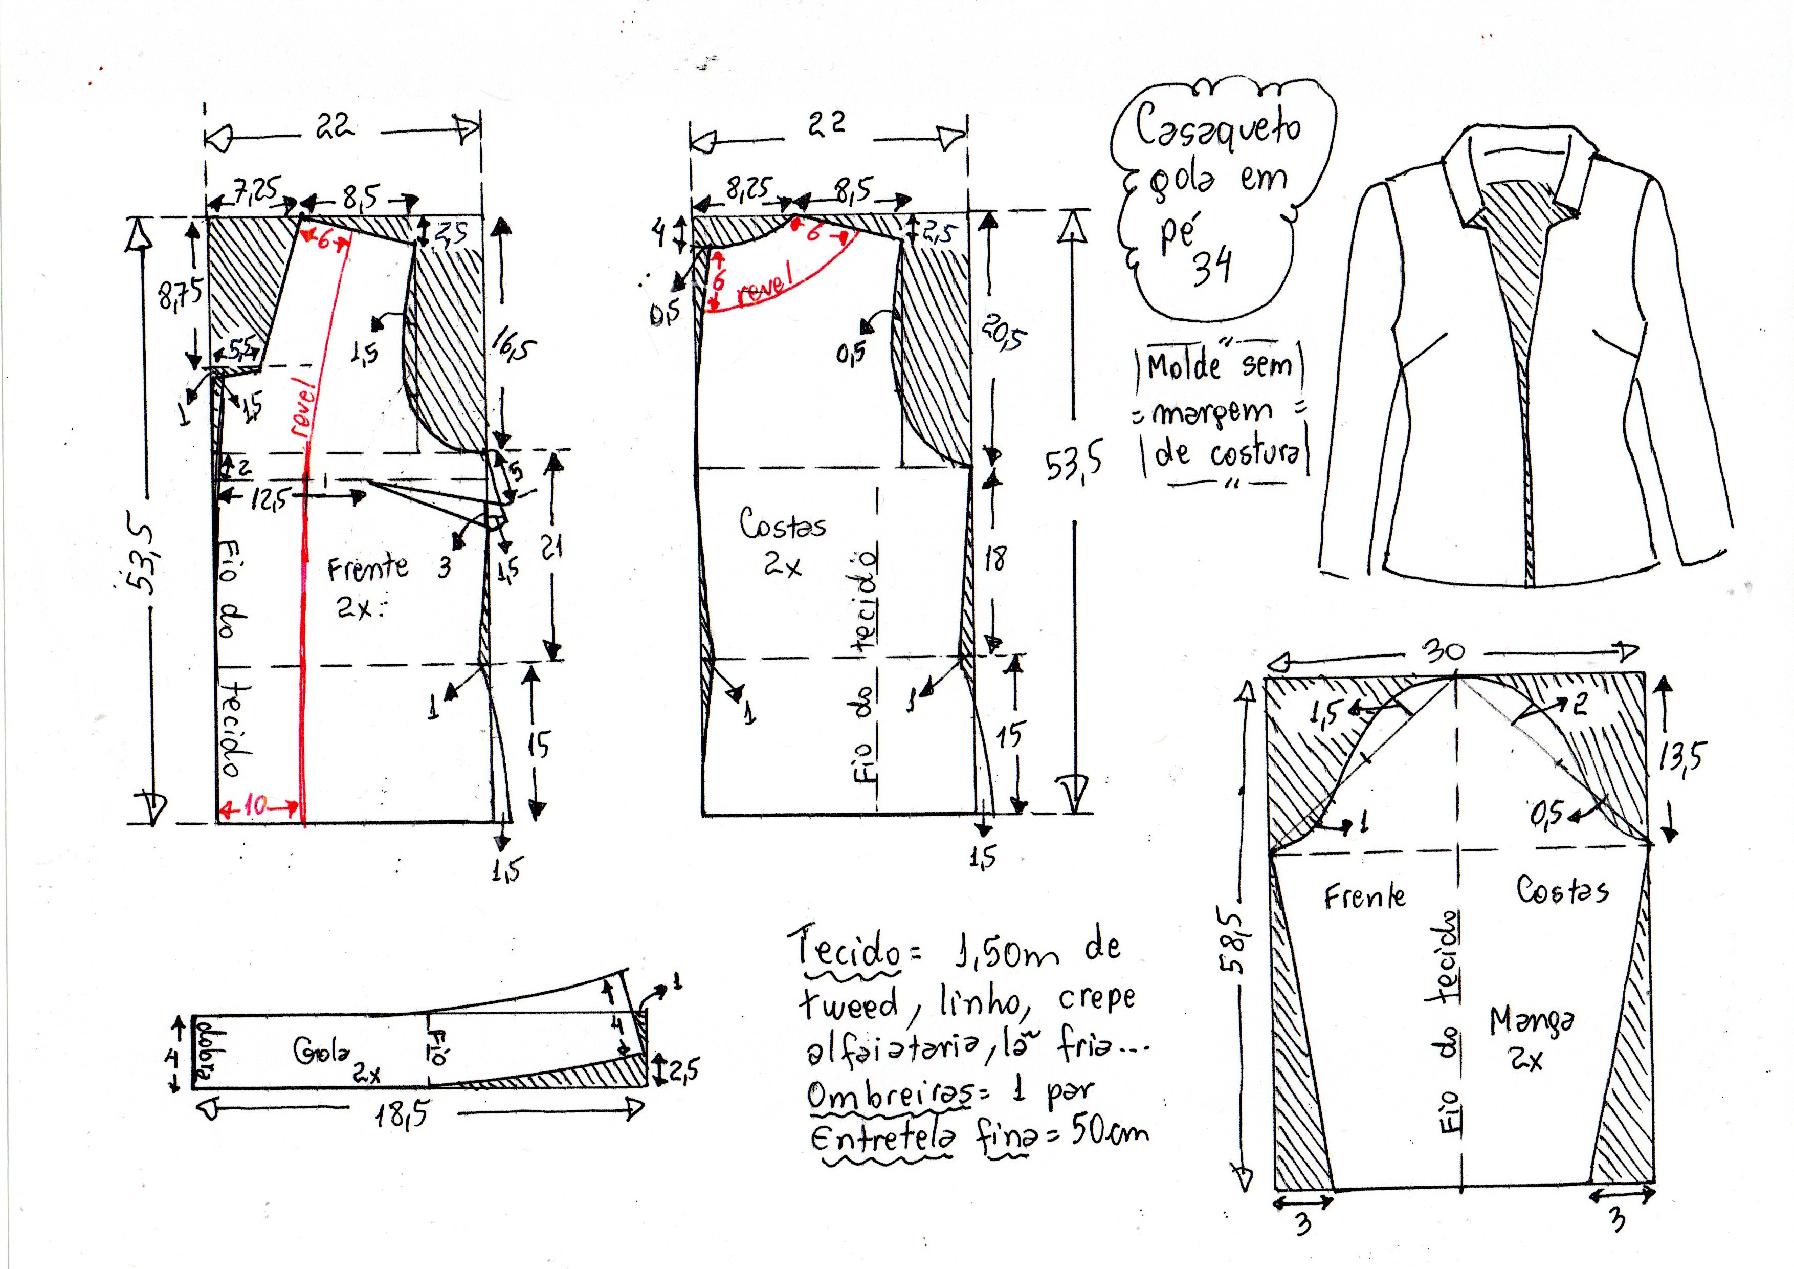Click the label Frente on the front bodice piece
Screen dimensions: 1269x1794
pyautogui.click(x=367, y=568)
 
